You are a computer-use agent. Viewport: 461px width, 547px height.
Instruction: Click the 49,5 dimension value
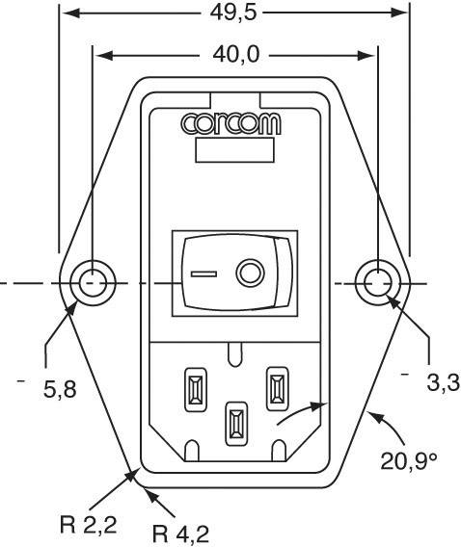(x=233, y=13)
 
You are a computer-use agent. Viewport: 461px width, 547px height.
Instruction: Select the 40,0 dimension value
(x=236, y=55)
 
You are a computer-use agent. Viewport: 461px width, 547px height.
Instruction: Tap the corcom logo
(x=230, y=124)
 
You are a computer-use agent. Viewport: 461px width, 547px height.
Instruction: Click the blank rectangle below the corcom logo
(x=234, y=149)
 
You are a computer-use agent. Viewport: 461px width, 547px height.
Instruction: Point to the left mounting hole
(x=93, y=283)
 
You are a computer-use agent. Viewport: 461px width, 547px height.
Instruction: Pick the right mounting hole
(x=377, y=282)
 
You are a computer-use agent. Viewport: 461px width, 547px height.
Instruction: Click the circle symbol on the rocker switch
(x=250, y=273)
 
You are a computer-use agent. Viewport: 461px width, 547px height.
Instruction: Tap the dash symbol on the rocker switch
(x=203, y=273)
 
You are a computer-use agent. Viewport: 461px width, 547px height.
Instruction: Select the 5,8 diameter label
(x=60, y=389)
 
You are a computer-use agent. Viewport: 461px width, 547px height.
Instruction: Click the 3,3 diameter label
(x=444, y=383)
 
